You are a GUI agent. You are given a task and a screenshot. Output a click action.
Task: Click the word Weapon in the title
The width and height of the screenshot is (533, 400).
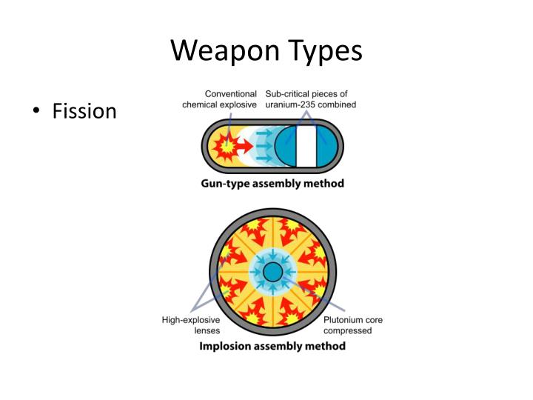(x=226, y=50)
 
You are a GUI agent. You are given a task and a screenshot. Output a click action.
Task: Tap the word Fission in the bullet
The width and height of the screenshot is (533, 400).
(x=84, y=112)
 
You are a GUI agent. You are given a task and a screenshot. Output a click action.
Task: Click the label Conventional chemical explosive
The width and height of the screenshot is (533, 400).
(x=220, y=99)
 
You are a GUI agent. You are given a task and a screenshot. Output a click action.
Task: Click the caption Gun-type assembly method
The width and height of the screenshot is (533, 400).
(x=272, y=183)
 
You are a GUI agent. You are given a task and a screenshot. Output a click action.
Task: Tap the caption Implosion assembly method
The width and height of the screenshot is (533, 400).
(x=272, y=346)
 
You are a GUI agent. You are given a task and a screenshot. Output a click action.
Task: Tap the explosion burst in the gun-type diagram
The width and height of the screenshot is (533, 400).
(x=224, y=144)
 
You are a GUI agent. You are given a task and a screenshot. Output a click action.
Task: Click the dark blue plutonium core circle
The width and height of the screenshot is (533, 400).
(x=272, y=272)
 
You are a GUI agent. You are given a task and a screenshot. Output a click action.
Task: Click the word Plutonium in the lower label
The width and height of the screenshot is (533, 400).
(x=343, y=320)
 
